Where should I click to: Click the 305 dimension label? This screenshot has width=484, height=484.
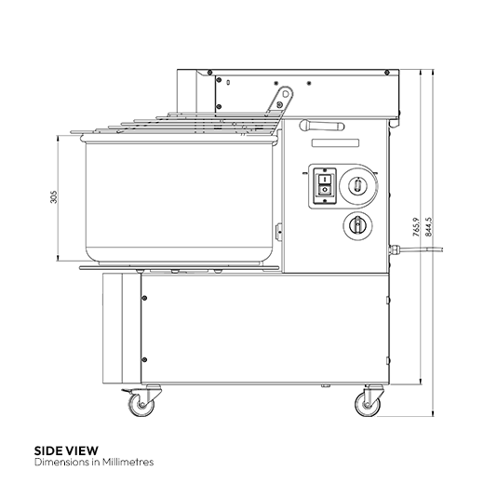pos(54,196)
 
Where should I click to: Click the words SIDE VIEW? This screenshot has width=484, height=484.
pos(65,449)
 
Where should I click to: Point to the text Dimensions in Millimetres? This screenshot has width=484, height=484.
pos(92,461)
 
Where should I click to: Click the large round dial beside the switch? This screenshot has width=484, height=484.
pos(356,184)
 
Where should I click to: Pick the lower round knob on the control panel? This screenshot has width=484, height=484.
pos(356,223)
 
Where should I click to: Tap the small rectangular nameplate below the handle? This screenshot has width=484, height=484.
pos(335,142)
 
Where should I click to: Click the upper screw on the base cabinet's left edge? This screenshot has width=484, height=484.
pos(143,299)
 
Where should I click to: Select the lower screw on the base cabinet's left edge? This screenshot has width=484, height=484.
pos(143,358)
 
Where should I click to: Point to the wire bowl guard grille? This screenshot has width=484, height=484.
pos(177,126)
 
